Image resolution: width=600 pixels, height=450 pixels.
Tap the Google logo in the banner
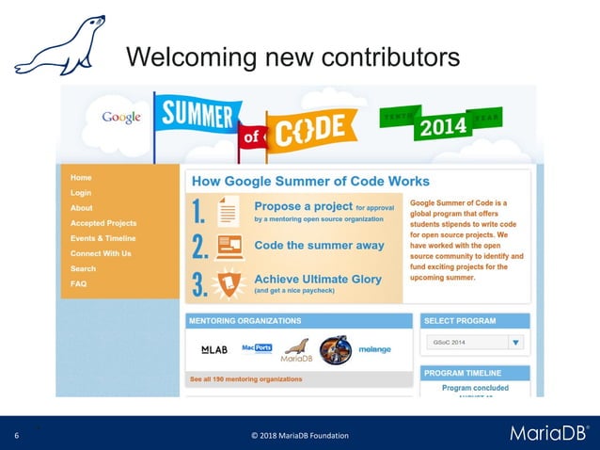coord(122,118)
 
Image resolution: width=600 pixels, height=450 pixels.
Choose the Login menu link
coord(81,192)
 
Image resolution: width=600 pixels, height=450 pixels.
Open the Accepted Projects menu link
coord(103,223)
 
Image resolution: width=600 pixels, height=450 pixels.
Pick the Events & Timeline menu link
coord(103,238)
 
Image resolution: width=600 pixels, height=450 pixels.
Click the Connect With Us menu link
coord(101,253)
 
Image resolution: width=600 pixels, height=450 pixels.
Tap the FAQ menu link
coord(78,283)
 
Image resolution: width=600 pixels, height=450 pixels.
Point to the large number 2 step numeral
coord(198,248)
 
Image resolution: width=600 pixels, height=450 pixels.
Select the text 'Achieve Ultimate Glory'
coord(318,280)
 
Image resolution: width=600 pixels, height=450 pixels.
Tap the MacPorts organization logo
coord(256,347)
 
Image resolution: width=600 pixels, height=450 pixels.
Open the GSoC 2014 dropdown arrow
coord(515,344)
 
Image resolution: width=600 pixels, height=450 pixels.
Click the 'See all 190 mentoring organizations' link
coord(246,379)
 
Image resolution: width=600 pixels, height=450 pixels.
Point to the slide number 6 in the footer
coord(16,435)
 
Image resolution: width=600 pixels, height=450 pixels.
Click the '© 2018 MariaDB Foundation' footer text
coord(299,435)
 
